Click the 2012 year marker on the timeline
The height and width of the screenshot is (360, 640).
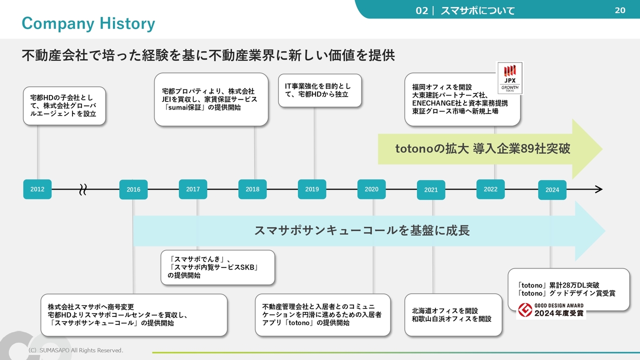(37, 189)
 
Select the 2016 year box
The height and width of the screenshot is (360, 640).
(133, 189)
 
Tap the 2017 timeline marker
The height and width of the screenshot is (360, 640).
(193, 189)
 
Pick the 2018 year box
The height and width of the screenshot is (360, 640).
(252, 189)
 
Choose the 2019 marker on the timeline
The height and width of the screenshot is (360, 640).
(312, 189)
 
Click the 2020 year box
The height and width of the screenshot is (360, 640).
(371, 189)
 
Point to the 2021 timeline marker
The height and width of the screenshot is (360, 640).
(431, 189)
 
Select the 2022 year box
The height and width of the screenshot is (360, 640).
(490, 189)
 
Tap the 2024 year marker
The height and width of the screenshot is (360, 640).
(552, 189)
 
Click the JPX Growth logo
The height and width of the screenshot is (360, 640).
(510, 78)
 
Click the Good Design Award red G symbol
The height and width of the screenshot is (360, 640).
(525, 310)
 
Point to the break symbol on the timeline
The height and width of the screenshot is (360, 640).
(83, 189)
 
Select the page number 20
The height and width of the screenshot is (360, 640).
(620, 10)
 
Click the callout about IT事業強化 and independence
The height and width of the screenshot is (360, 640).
(320, 90)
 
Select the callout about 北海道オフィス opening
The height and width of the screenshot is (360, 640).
(453, 315)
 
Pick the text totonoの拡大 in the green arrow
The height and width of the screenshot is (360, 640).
(432, 148)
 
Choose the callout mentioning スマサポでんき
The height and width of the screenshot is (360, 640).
(217, 267)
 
